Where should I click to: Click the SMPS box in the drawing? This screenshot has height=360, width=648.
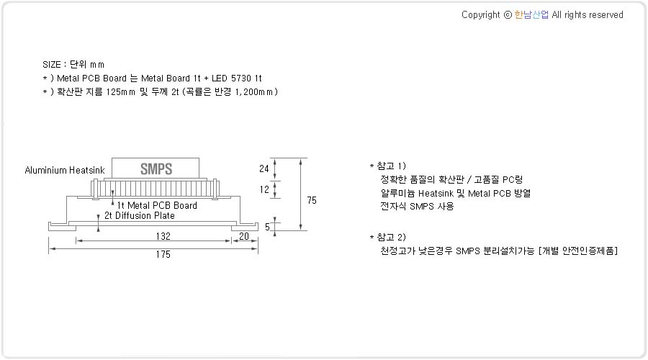tap(156, 168)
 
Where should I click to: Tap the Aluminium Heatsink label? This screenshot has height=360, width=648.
tap(65, 171)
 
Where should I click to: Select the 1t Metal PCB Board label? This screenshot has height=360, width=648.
tap(157, 205)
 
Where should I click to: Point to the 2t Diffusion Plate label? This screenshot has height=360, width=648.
tap(139, 216)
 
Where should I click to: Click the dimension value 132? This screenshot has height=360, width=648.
tap(163, 236)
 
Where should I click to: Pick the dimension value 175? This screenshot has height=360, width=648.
tap(163, 254)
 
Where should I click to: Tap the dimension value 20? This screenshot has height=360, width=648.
tap(244, 236)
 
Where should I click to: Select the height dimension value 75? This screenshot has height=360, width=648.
tap(312, 200)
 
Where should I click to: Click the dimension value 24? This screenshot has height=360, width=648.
tap(264, 168)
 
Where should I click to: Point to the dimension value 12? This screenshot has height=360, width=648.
tap(264, 189)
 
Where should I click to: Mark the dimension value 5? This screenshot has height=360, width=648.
tap(267, 227)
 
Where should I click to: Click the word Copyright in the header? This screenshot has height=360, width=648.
tap(481, 15)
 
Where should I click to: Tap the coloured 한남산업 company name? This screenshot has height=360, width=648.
tap(531, 15)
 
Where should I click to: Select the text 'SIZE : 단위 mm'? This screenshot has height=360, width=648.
tap(73, 65)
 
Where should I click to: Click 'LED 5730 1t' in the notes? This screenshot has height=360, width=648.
tap(237, 78)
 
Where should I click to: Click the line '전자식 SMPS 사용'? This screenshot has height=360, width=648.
tap(417, 206)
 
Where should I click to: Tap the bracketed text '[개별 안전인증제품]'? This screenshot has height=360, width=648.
tap(578, 251)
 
